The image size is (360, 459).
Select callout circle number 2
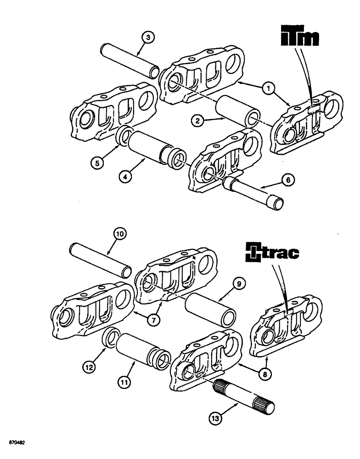(x=197, y=121)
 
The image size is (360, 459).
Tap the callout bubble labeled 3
(x=146, y=37)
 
